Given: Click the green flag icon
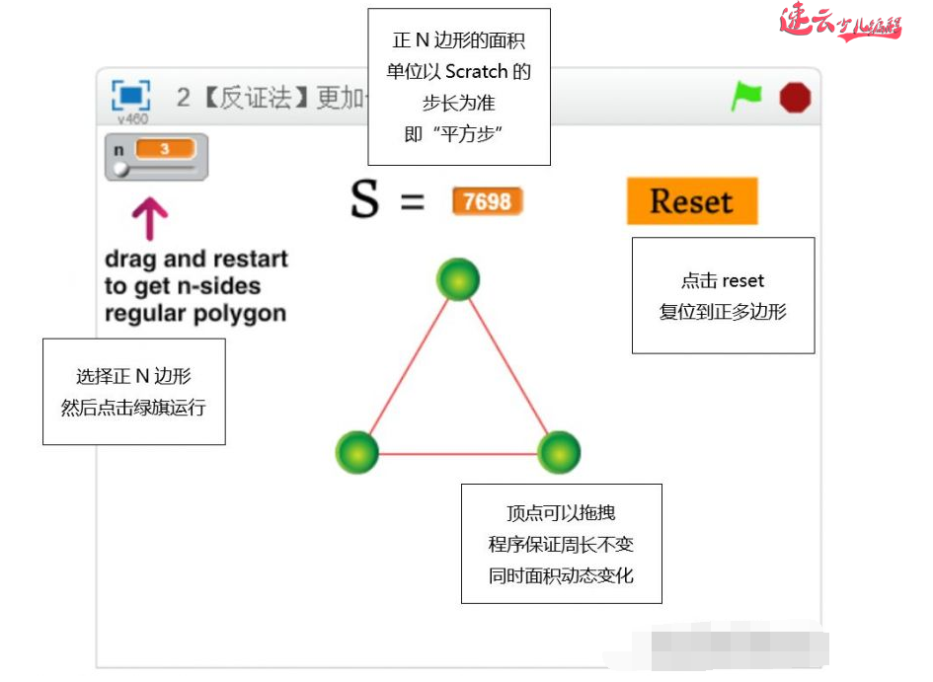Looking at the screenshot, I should click(746, 96).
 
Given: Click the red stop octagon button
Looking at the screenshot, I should click(795, 97).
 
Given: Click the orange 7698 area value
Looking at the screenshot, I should click(487, 201).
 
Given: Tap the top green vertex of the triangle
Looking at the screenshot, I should click(458, 279).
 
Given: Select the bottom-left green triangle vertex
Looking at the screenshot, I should click(357, 452).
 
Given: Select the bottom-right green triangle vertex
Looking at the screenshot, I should click(559, 452).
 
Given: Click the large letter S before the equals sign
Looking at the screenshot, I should click(364, 200).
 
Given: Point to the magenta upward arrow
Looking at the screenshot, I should click(150, 218).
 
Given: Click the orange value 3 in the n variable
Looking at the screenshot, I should click(165, 149).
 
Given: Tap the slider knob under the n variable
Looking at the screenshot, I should click(119, 170).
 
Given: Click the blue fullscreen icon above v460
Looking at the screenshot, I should click(131, 96).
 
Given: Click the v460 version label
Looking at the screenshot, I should click(132, 118).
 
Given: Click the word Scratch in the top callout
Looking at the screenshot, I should click(476, 72).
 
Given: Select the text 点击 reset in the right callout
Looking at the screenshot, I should click(723, 281).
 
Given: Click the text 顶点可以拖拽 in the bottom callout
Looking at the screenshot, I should click(561, 513).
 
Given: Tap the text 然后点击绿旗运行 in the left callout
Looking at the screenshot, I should click(133, 407).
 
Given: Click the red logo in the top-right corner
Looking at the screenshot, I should click(840, 22).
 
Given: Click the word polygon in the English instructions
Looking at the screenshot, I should click(240, 314).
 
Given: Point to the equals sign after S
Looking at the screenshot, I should click(412, 203).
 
